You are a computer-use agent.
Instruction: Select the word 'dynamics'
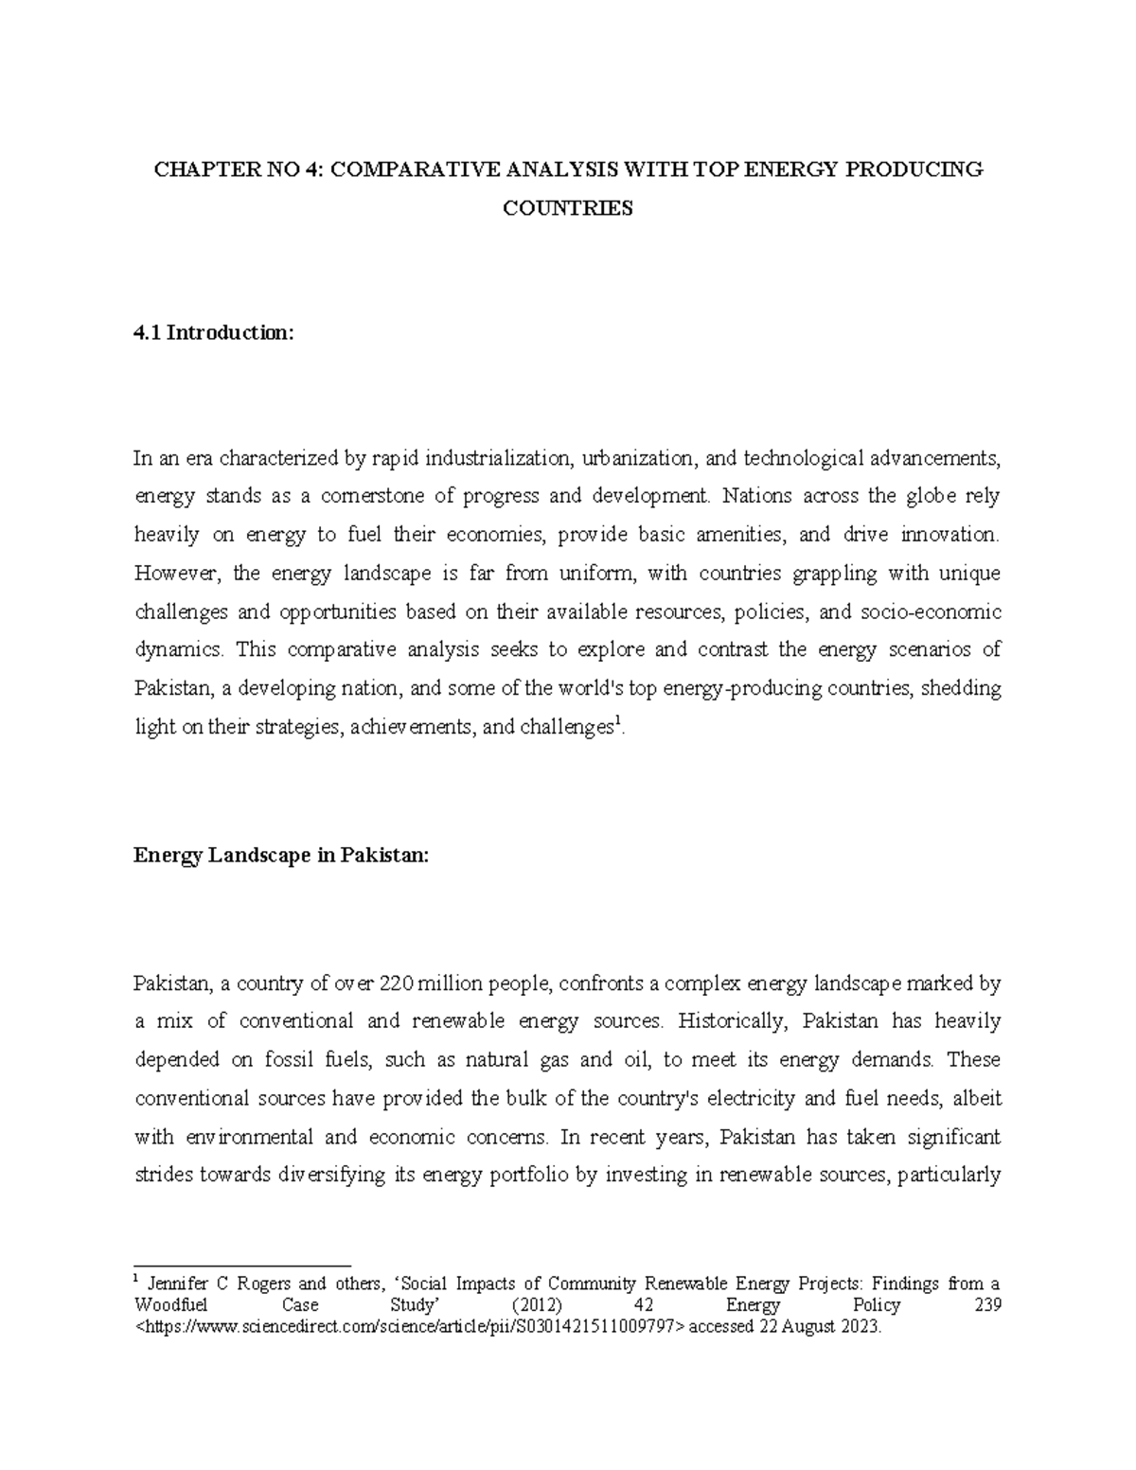[x=180, y=650]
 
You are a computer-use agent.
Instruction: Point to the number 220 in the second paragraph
[x=396, y=984]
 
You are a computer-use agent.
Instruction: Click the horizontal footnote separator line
[x=242, y=1265]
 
